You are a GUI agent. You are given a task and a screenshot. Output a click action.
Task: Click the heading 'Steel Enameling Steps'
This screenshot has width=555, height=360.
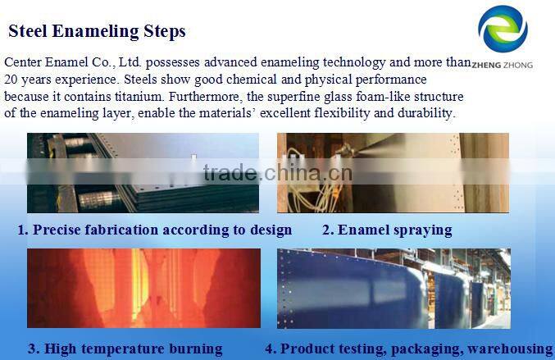point(97,32)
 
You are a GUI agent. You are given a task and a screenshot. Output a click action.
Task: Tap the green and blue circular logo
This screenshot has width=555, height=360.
point(503,30)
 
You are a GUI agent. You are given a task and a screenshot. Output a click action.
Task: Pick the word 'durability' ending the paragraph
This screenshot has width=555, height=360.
point(424,113)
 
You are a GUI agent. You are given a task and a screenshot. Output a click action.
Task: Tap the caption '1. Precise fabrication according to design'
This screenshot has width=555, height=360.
point(155,230)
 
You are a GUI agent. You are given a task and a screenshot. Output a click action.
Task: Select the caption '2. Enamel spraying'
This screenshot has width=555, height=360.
point(386,230)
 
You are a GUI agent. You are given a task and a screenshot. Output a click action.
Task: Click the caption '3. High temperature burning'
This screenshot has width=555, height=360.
point(125,349)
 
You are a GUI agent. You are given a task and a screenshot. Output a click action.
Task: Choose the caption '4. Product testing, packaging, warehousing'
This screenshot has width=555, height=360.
point(408,349)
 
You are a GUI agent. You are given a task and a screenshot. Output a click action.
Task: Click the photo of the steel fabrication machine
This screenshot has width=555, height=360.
point(143,172)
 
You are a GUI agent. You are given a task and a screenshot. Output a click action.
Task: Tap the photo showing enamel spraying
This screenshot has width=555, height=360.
point(393,172)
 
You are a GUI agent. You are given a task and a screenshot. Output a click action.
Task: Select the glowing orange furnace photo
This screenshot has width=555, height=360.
point(143,288)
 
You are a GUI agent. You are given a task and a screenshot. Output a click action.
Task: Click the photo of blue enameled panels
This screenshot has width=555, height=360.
point(393,288)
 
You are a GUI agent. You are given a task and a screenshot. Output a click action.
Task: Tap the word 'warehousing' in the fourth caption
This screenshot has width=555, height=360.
point(512,349)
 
